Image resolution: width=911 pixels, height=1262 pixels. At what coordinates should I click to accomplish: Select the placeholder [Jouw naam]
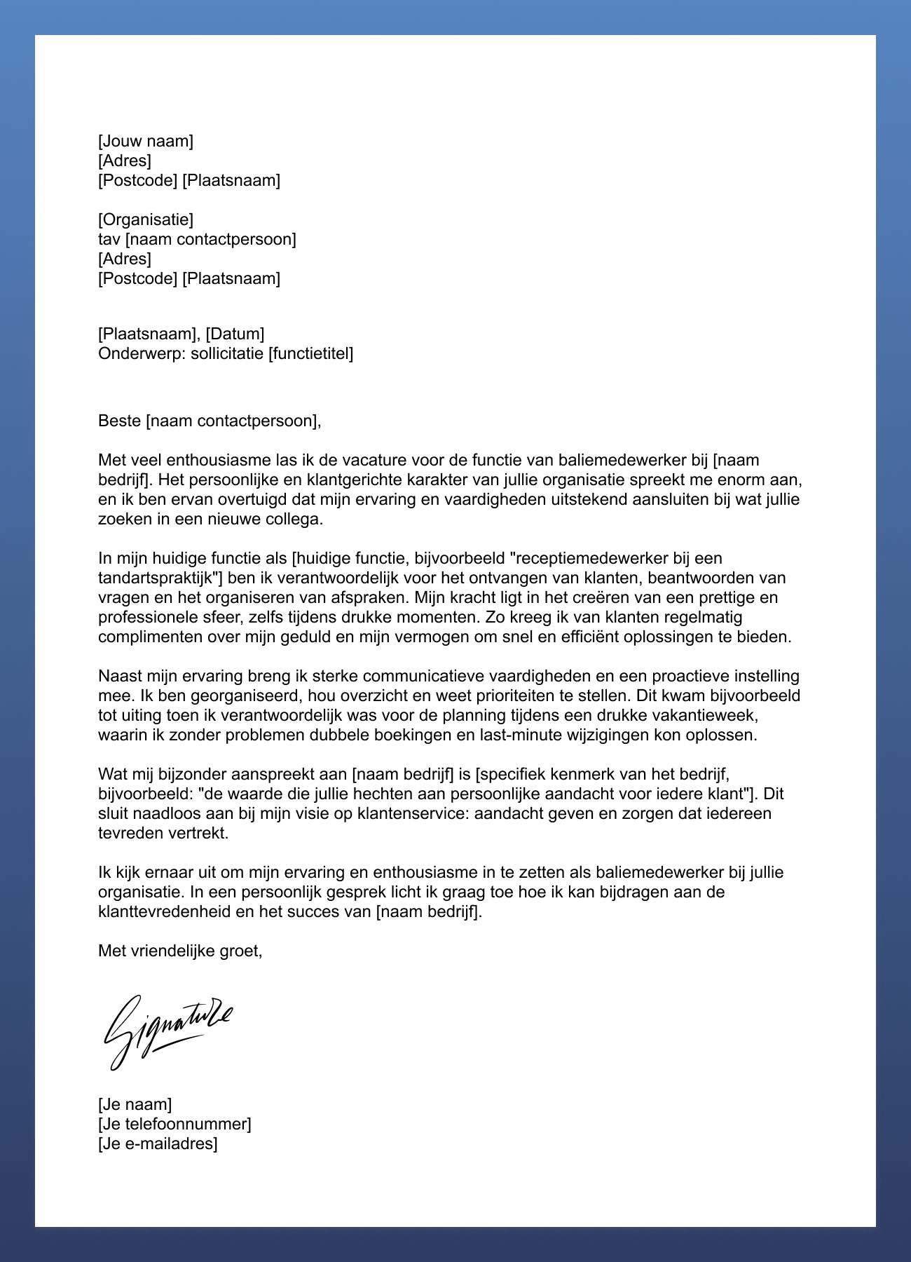(x=146, y=141)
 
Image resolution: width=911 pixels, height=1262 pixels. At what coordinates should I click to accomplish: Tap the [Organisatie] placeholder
(x=146, y=219)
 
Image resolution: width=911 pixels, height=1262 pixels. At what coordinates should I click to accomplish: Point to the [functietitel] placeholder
(x=310, y=353)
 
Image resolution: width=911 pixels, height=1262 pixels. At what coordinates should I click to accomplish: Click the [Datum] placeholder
(x=235, y=334)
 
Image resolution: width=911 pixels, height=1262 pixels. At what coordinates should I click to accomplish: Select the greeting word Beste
(x=119, y=421)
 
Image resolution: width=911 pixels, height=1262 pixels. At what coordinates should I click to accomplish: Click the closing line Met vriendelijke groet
(x=180, y=951)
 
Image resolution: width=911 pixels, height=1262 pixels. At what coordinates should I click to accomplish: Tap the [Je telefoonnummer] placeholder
(x=174, y=1124)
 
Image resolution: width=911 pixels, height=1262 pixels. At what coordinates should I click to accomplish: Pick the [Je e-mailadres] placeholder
(x=158, y=1144)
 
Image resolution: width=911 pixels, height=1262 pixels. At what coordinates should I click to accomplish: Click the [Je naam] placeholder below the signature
(x=135, y=1104)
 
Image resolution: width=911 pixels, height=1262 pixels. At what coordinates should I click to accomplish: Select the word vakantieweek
(x=710, y=716)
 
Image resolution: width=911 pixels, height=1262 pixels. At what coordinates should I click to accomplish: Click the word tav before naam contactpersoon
(x=109, y=239)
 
